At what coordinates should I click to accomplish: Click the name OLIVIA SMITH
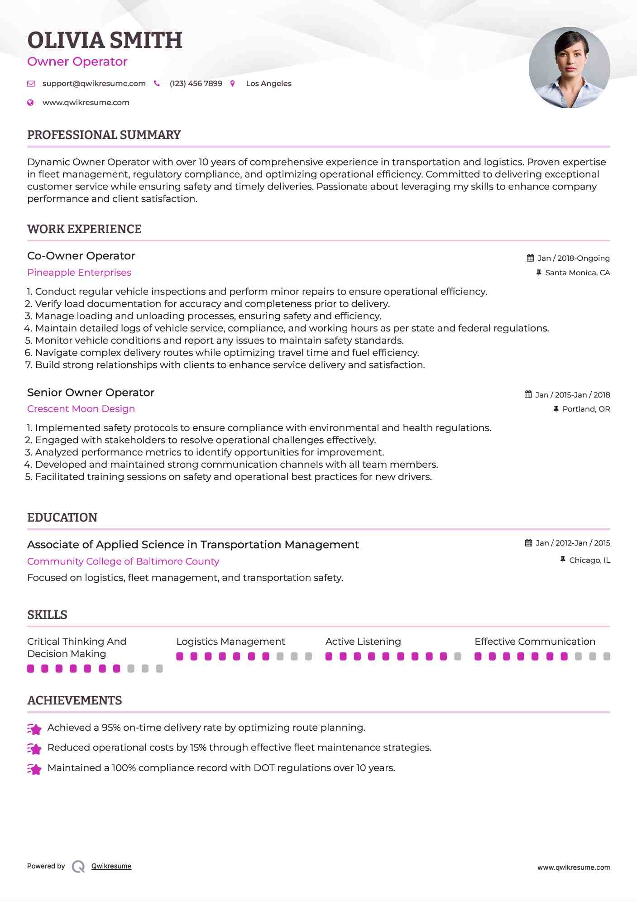105,40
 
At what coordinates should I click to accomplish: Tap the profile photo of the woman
569,68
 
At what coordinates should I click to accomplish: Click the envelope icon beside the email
31,84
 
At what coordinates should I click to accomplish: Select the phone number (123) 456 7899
196,84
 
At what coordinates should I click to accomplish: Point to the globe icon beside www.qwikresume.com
30,103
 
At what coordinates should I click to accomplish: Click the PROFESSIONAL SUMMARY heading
104,135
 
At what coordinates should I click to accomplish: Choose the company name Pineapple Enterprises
79,273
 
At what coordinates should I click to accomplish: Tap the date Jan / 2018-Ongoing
573,258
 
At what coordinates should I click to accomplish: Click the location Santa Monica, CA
577,273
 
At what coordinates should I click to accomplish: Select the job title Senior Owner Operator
91,393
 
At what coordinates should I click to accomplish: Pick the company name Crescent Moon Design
81,409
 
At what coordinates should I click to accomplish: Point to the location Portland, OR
586,409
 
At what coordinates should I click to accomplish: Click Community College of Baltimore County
123,561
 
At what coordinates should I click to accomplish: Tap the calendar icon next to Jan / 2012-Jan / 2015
528,543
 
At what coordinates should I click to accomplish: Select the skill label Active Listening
363,642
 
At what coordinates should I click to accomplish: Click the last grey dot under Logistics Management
308,657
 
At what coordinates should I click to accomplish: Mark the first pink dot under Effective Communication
478,657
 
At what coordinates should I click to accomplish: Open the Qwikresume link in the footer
111,866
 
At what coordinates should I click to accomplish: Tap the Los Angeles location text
268,84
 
